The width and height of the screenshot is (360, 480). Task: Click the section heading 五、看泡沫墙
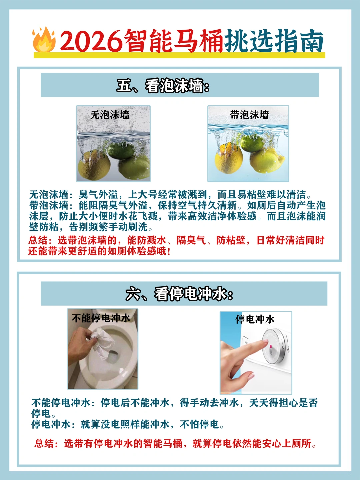point(163,86)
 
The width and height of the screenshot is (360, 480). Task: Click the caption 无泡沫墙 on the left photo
point(110,115)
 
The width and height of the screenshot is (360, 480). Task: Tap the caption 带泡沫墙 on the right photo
point(249,115)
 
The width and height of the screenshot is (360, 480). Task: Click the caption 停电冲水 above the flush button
point(255,319)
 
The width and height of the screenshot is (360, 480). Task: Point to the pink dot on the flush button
point(271,346)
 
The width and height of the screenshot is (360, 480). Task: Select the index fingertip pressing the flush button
point(265,342)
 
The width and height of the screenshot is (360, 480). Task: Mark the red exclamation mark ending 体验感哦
point(168,251)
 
